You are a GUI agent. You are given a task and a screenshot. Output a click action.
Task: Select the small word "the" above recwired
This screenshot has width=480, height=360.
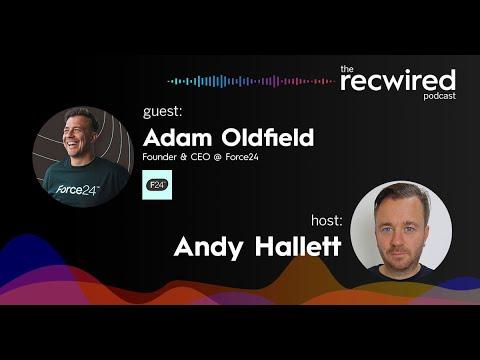pos(347,68)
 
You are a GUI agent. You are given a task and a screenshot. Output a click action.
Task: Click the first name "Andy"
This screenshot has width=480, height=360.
pos(205,245)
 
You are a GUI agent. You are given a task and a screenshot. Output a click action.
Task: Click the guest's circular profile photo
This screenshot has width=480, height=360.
pos(82,155)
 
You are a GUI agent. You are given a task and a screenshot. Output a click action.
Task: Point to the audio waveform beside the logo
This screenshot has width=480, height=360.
pos(250,81)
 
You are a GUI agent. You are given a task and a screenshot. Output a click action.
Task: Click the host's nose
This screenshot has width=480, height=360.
pos(404,230)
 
